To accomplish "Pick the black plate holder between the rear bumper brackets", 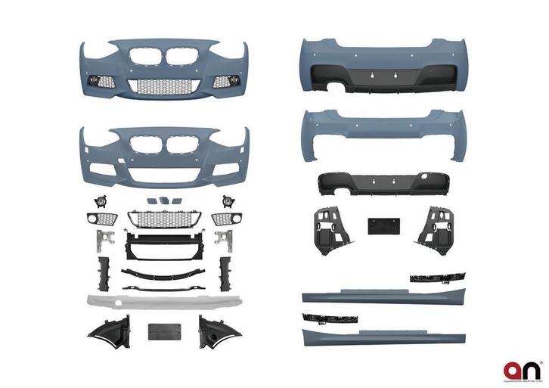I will (379, 226).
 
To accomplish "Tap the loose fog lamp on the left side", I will (98, 200).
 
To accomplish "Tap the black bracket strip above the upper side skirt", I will (437, 278).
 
